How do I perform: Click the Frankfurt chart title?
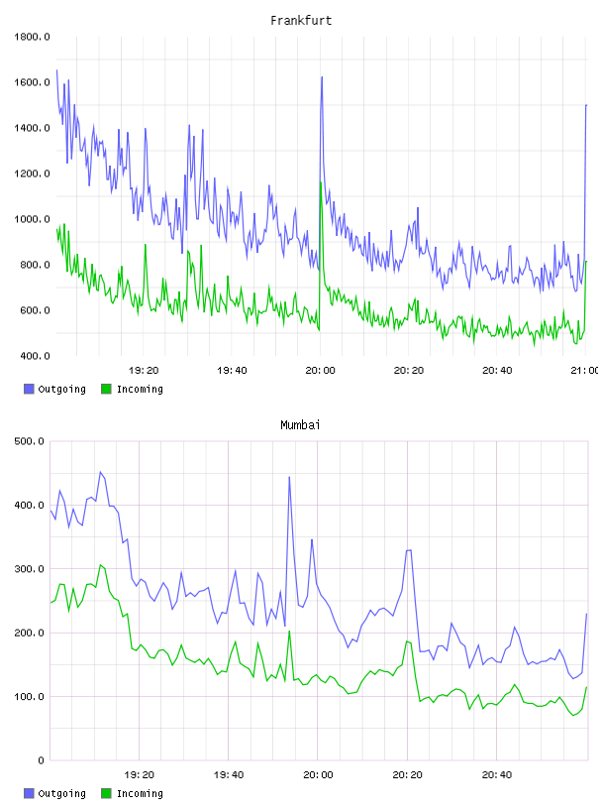click(x=301, y=21)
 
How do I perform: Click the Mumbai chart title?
click(x=300, y=425)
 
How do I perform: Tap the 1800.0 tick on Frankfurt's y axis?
click(x=32, y=37)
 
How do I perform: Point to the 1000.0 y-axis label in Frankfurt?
click(x=32, y=219)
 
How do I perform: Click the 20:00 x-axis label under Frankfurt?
click(x=320, y=371)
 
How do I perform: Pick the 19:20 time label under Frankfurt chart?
click(x=144, y=371)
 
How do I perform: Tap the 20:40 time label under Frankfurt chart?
click(x=497, y=371)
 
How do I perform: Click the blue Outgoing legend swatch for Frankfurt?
click(x=29, y=389)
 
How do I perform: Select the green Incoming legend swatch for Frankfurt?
click(x=106, y=389)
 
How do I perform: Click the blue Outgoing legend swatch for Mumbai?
click(x=29, y=793)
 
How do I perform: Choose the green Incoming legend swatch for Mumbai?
click(x=106, y=793)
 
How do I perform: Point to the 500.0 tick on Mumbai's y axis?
click(x=30, y=441)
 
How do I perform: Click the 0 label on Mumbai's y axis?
click(x=42, y=760)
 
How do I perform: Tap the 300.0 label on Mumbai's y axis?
click(x=30, y=569)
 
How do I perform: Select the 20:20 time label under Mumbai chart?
click(x=407, y=775)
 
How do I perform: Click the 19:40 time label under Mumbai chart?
click(x=229, y=775)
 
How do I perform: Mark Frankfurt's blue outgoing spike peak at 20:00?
click(x=322, y=77)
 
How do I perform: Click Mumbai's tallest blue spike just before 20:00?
click(x=289, y=477)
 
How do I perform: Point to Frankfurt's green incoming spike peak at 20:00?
click(x=321, y=182)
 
